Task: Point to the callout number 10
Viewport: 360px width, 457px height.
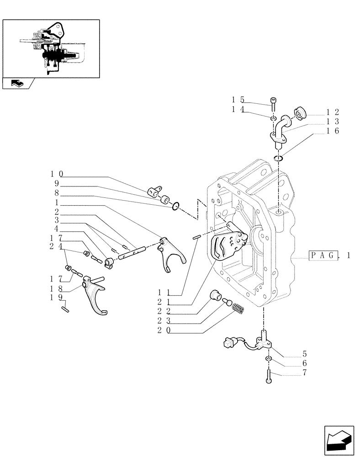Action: click(57, 174)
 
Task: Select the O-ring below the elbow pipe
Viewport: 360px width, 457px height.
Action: click(279, 158)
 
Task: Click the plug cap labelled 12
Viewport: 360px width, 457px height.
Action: click(299, 113)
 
